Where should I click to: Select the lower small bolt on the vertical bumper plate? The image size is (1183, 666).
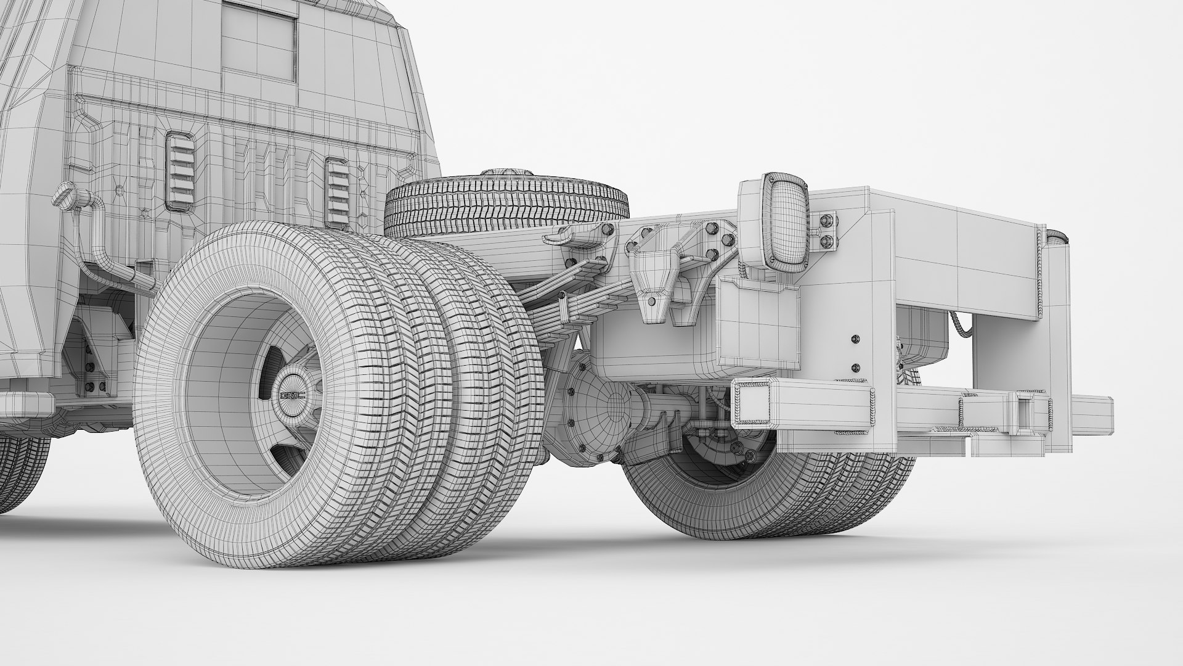(x=855, y=368)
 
